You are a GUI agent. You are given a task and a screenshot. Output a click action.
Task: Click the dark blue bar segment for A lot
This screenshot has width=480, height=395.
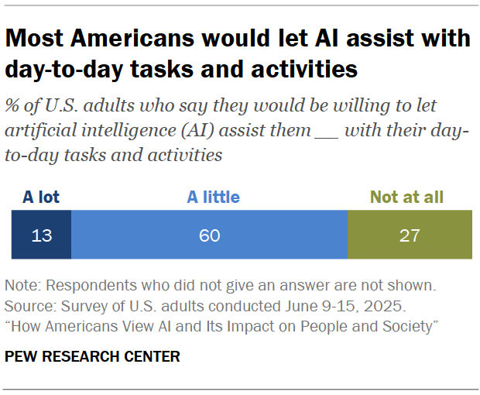coord(40,234)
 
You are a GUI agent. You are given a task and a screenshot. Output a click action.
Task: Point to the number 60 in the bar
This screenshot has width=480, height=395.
coord(209,235)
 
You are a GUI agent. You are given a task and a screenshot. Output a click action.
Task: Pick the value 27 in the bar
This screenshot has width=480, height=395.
coord(409,235)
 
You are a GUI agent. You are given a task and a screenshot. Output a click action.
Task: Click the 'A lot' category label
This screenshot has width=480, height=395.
coord(40,197)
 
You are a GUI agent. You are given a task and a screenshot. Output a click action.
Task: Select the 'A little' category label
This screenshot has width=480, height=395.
coord(214,197)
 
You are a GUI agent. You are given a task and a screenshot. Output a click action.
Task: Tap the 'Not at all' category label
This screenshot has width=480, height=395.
coord(407,197)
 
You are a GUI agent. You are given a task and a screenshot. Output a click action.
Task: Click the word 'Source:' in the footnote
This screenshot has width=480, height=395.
coord(29,305)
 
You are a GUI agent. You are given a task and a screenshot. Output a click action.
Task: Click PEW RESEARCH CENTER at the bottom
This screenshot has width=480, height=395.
coord(93,356)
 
